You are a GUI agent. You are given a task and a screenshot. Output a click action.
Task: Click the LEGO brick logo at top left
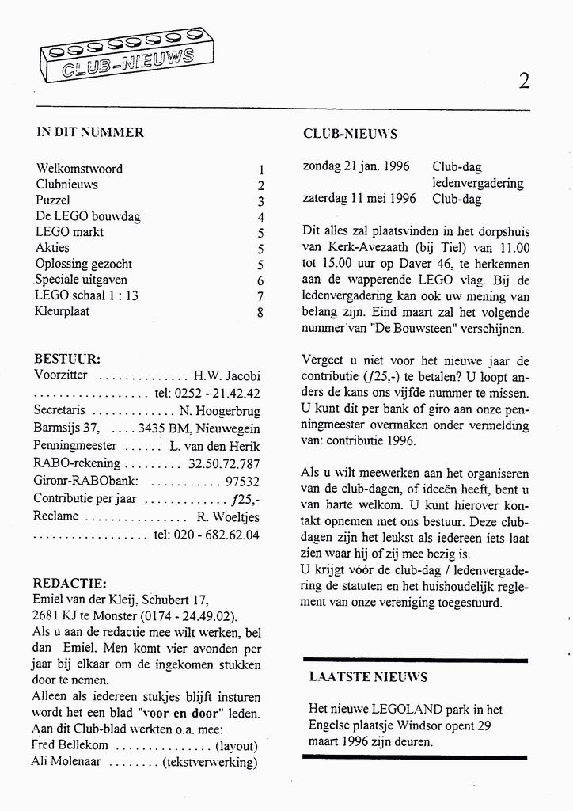[118, 55]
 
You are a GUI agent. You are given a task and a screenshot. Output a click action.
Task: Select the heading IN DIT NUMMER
[90, 132]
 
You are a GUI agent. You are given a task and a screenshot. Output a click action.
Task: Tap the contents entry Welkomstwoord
[79, 169]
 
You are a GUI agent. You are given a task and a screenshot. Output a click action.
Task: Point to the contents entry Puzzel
[53, 200]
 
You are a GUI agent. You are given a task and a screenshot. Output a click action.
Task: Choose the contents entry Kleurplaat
[63, 311]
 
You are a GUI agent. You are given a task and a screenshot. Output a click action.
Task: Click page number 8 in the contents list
[260, 313]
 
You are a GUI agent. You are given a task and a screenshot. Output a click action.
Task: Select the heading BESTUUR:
[67, 359]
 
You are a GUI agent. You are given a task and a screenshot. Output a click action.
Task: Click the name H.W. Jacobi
[227, 375]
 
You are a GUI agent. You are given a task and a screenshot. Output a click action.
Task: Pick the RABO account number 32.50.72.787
[225, 463]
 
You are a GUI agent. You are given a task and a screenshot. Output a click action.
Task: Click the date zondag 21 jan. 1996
[356, 167]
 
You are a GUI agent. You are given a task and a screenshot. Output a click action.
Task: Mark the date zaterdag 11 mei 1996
[359, 199]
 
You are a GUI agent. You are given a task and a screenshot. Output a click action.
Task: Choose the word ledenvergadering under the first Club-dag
[477, 183]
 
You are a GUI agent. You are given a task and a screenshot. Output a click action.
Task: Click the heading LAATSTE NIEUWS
[368, 677]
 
